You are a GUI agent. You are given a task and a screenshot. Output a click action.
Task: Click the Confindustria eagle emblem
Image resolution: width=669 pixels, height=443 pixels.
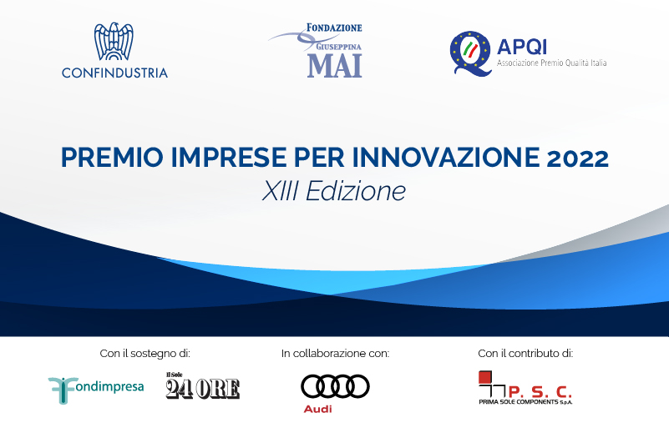[114, 42]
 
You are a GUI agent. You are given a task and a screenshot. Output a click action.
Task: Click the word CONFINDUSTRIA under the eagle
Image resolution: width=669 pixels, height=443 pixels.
[114, 73]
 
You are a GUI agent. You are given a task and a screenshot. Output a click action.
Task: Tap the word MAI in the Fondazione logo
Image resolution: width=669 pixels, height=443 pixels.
[334, 66]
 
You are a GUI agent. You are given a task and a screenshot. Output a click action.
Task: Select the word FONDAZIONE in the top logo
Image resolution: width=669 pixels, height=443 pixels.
[334, 28]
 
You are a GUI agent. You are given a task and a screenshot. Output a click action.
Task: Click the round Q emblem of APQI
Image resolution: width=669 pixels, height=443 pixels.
[471, 53]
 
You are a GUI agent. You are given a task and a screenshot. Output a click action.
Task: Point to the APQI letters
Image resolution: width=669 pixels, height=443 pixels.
[522, 47]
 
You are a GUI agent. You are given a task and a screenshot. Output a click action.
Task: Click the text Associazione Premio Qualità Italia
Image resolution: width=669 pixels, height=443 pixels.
[552, 63]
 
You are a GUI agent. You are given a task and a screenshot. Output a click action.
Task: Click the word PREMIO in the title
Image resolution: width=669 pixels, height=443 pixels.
[112, 157]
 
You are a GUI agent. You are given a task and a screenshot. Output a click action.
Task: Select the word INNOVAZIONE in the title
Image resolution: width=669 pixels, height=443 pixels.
[446, 157]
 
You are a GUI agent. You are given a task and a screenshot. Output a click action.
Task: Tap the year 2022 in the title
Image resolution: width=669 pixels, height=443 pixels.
[578, 158]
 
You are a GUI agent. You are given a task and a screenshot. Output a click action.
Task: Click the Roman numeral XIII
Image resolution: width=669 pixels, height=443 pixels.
[280, 190]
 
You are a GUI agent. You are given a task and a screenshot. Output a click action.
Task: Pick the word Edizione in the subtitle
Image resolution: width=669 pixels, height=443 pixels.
[356, 190]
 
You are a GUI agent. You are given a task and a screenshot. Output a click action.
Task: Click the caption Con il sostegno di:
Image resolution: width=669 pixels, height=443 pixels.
[145, 354]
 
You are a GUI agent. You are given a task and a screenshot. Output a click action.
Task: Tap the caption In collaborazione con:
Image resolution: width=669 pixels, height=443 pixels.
[336, 354]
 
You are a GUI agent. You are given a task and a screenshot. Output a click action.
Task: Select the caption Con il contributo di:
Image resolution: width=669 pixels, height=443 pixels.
[525, 354]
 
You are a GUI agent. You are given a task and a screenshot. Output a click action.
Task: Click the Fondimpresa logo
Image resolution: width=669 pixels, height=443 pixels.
[96, 390]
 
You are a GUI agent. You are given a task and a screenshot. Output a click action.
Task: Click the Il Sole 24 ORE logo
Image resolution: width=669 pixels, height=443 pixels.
[203, 385]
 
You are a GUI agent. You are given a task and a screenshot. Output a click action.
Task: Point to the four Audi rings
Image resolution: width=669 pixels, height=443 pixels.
[336, 386]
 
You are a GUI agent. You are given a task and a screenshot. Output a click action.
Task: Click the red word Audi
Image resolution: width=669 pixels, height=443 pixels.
[318, 409]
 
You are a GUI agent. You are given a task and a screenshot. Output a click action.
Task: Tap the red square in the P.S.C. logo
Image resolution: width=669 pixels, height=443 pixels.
[485, 377]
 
